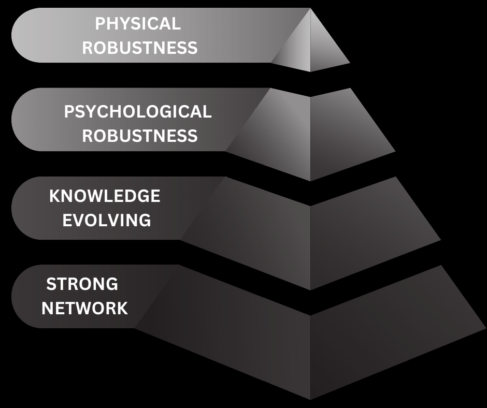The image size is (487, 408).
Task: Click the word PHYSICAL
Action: (138, 24)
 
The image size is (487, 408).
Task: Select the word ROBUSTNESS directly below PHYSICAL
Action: (140, 48)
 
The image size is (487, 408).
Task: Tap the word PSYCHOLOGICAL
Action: (138, 112)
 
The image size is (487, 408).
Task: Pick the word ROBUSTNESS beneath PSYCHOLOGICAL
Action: (140, 136)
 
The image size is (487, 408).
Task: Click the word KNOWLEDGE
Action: (105, 196)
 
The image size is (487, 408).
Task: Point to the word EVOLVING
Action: (107, 220)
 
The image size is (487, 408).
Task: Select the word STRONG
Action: (82, 284)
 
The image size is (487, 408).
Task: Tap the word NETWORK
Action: (85, 309)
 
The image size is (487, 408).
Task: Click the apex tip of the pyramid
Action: (310, 10)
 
